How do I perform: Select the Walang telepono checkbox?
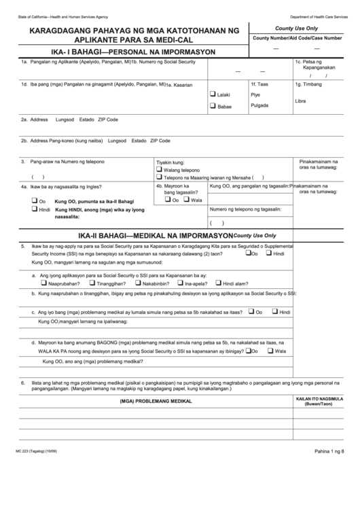coord(160,170)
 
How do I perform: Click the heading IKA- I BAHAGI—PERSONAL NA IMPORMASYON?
coord(131,52)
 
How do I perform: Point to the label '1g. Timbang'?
coord(308,85)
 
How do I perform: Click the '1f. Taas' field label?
coord(259,85)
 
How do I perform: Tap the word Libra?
coord(301,101)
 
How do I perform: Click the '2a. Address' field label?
coord(34,119)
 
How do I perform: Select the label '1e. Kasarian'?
coord(181,86)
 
